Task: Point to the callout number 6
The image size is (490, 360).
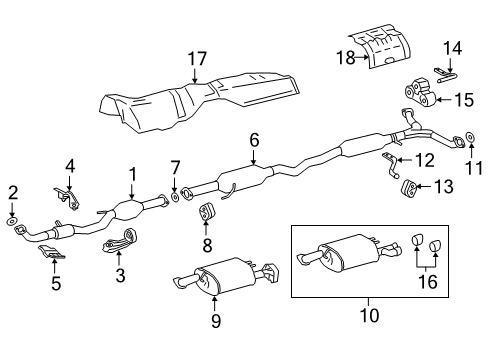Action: point(254,141)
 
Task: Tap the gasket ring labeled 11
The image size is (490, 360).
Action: point(470,138)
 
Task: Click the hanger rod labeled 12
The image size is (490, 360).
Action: point(388,166)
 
